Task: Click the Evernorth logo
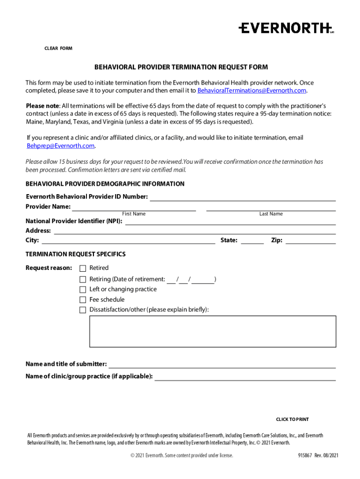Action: point(286,28)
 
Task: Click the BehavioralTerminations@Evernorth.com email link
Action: point(252,90)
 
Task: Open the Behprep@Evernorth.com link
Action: point(60,146)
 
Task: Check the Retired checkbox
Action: point(83,269)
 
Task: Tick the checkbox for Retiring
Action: point(83,280)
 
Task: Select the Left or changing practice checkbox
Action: point(83,290)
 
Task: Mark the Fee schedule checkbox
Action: point(83,300)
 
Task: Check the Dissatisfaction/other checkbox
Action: point(83,310)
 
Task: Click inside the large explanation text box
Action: point(212,331)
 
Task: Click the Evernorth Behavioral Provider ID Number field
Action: point(242,197)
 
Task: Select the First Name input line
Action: point(134,207)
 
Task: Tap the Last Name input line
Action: point(271,207)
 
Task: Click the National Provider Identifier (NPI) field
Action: point(230,221)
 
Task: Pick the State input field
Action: point(252,241)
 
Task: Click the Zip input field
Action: point(310,241)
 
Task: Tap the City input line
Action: point(128,241)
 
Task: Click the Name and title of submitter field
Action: point(222,364)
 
